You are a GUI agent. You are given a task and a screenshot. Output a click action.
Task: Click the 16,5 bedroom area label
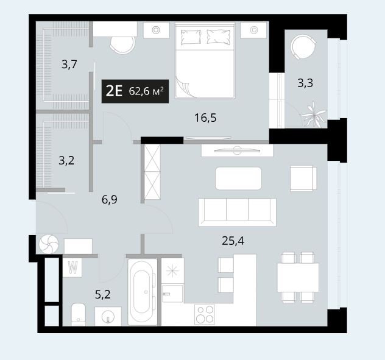[205, 118]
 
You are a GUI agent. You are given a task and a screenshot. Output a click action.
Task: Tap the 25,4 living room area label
[233, 241]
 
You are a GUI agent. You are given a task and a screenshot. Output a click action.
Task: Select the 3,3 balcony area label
[305, 83]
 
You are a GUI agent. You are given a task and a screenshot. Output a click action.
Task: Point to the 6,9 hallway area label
[110, 199]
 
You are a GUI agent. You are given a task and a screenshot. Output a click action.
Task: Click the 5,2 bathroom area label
[102, 294]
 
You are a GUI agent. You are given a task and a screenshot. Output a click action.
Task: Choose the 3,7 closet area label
[69, 65]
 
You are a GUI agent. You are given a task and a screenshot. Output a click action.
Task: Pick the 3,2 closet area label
[66, 161]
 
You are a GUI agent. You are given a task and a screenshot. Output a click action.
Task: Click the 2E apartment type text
[114, 91]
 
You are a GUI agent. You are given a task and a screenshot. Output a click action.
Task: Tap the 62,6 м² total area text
[146, 91]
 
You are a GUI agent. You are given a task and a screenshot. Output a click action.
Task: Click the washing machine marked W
[72, 267]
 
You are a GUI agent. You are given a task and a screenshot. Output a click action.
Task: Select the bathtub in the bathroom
[143, 292]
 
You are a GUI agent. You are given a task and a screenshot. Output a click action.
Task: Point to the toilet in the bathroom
[79, 314]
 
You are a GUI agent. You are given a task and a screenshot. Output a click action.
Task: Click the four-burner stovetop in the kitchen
[205, 314]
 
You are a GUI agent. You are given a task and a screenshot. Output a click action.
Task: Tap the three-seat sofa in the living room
[237, 212]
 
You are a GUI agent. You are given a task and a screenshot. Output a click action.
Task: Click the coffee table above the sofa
[238, 178]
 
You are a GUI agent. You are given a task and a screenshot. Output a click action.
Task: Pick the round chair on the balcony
[303, 47]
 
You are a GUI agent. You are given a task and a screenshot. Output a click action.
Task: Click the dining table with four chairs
[298, 277]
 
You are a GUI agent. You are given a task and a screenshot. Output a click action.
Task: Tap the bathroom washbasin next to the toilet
[108, 316]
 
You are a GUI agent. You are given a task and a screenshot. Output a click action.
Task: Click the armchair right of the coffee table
[303, 178]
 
